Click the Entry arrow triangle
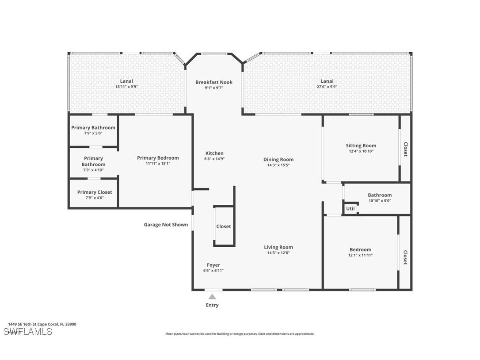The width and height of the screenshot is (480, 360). click(x=212, y=297)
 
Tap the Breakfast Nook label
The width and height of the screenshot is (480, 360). click(x=214, y=82)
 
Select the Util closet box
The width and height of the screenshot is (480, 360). click(x=350, y=208)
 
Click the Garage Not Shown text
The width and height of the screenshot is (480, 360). click(x=166, y=225)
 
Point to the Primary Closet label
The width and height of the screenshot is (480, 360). click(x=95, y=192)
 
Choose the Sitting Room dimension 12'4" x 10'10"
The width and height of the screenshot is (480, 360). click(x=361, y=151)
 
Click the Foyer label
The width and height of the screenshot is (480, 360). click(x=213, y=265)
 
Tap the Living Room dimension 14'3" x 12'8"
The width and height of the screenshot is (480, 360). click(x=278, y=253)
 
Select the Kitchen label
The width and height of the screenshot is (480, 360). click(x=214, y=153)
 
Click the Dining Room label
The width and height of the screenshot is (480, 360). click(x=278, y=160)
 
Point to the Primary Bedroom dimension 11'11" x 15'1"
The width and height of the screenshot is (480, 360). click(x=158, y=164)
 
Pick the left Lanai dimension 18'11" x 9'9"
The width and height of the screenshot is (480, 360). click(x=126, y=87)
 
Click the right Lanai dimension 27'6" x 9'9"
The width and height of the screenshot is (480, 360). click(x=327, y=87)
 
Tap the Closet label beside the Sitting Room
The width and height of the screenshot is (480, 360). click(x=405, y=149)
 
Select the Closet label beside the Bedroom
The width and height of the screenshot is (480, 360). click(x=405, y=258)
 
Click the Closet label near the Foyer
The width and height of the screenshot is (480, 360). click(x=223, y=226)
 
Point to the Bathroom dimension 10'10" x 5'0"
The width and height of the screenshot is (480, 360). click(x=380, y=201)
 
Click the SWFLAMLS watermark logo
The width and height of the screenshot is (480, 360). click(x=28, y=332)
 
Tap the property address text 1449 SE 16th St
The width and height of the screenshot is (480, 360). click(x=42, y=324)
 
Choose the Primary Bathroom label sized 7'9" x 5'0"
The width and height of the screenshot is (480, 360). click(x=93, y=128)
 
